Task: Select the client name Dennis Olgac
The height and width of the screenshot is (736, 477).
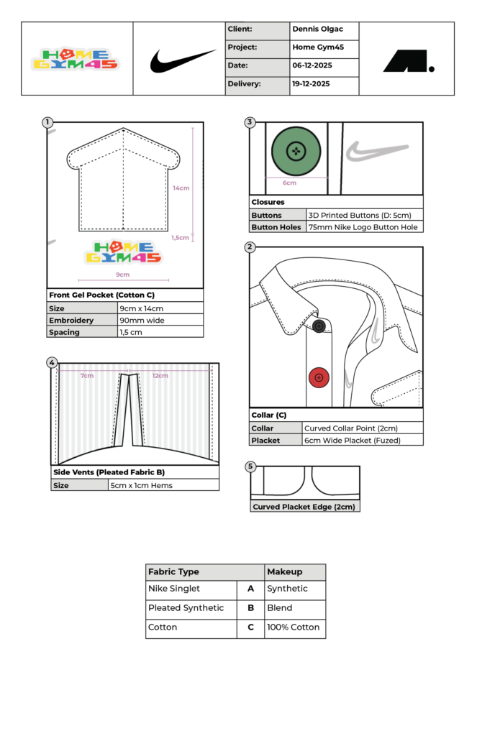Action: point(317,29)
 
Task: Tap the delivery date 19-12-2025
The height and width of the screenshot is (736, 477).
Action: point(311,84)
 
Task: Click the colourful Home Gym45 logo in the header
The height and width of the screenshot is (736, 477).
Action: point(76,59)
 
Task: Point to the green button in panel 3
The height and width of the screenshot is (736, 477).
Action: point(296,152)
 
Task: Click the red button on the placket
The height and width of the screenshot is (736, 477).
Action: point(319,377)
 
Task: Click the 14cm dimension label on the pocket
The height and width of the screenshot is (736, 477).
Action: point(181,188)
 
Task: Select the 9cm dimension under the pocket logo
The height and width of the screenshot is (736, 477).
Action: point(123,275)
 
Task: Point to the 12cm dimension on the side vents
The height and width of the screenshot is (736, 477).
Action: point(160,376)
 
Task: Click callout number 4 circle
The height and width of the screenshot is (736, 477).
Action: point(52,363)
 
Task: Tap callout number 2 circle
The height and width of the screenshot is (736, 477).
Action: point(250,247)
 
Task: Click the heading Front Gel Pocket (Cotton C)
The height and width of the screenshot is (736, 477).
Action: point(101,295)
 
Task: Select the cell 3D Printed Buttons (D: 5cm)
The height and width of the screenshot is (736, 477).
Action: point(359,215)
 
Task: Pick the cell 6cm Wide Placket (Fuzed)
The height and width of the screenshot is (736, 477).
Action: point(352,440)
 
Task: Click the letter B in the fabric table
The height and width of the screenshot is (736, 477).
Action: point(250,608)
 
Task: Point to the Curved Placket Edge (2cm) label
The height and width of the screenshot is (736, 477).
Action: point(304,507)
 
